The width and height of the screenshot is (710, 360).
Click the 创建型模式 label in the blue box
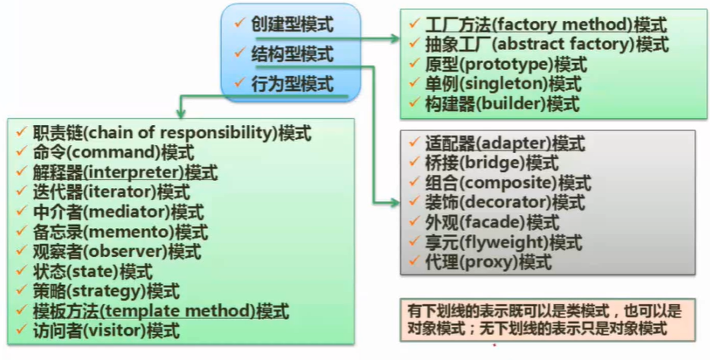292,23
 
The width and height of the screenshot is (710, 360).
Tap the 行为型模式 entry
292,83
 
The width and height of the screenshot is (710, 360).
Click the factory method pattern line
536,24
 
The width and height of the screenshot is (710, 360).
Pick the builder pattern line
493,103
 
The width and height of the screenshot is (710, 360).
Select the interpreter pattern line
125,172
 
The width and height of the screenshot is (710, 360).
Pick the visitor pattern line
106,330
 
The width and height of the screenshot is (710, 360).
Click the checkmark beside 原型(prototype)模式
414,64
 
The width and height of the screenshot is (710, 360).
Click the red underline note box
544,320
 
